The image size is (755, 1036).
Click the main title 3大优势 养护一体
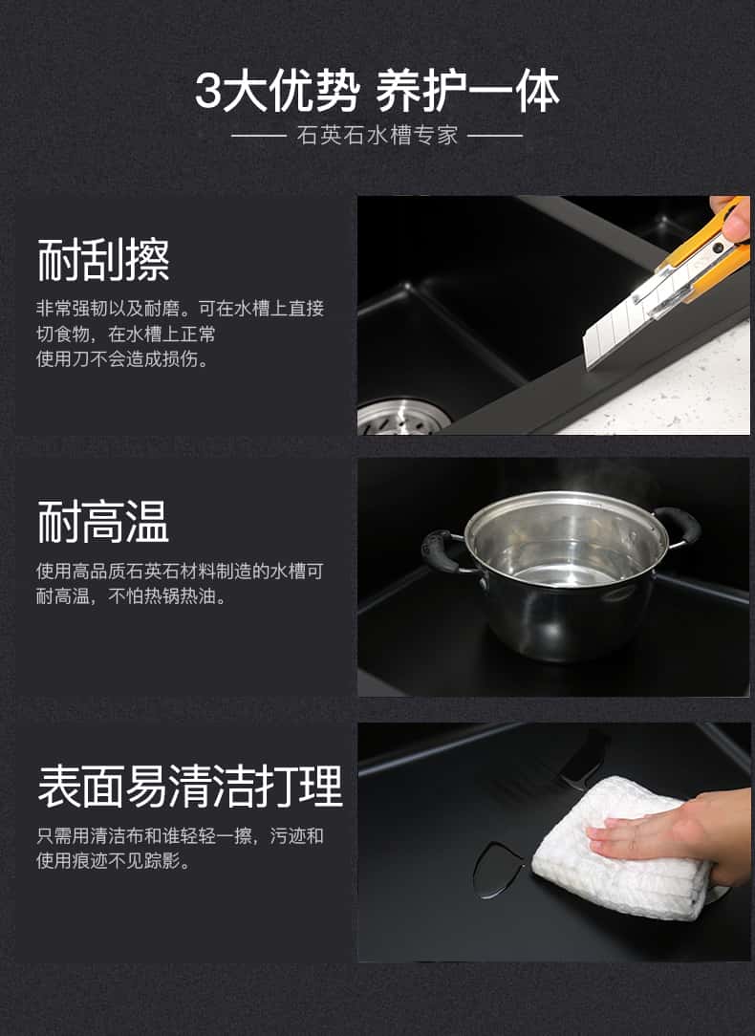point(377,92)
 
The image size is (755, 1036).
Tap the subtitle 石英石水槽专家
point(377,135)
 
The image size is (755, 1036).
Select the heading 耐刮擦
point(103,260)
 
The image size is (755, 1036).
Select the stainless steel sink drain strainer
point(402,418)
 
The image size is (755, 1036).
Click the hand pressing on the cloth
point(688,831)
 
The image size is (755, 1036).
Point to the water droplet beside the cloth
point(498,870)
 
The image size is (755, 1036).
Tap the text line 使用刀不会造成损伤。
point(122,359)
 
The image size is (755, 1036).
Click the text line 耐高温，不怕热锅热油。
point(132,596)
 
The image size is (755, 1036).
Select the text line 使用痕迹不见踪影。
point(114,860)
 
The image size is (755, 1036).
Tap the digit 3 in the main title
point(207,92)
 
